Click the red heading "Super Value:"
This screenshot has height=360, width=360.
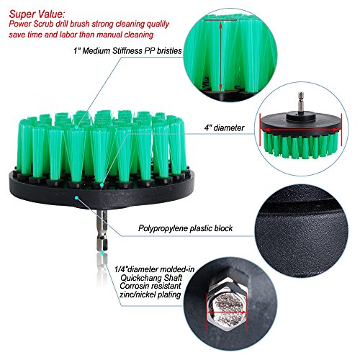click(x=37, y=14)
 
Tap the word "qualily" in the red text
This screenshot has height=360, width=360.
click(x=158, y=24)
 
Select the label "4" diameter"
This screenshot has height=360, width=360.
click(x=224, y=128)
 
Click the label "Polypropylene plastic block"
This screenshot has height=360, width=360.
click(x=185, y=228)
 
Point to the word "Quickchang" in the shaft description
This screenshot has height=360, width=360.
click(x=138, y=278)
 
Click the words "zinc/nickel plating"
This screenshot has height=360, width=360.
click(x=150, y=294)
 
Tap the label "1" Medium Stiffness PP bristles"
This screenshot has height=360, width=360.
click(x=127, y=51)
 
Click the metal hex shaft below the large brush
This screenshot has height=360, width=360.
click(x=102, y=230)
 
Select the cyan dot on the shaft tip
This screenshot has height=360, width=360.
click(x=102, y=253)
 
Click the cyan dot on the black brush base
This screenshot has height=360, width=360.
click(x=76, y=198)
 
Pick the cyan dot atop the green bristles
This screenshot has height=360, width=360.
click(x=76, y=127)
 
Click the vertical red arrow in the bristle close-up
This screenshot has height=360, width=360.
click(x=220, y=57)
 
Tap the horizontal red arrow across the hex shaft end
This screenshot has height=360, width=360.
click(x=227, y=312)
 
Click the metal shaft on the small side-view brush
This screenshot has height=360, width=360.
click(x=300, y=102)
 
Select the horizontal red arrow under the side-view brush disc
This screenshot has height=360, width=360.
click(x=301, y=130)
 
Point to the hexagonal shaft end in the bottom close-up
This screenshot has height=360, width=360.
click(x=227, y=308)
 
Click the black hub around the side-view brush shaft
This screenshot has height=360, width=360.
click(x=300, y=115)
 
